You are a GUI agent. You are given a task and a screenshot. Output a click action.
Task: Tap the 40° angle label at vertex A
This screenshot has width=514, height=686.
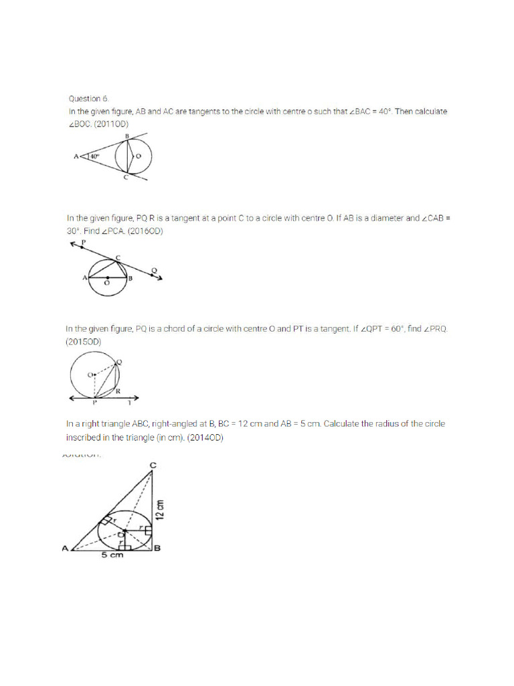94,157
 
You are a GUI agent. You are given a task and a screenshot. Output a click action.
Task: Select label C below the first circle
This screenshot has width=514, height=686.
125,179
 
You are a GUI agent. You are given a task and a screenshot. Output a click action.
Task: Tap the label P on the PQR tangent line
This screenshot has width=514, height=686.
83,241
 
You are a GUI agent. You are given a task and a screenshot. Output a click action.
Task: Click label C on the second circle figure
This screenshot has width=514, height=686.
118,257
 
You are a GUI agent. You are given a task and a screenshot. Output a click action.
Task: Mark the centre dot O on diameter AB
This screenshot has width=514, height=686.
107,277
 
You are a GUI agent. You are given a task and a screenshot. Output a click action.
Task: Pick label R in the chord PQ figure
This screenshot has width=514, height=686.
117,390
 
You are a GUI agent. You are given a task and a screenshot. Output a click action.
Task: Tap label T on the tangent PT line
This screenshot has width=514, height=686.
129,404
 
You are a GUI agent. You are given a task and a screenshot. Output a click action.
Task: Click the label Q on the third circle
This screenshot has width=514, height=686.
119,362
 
